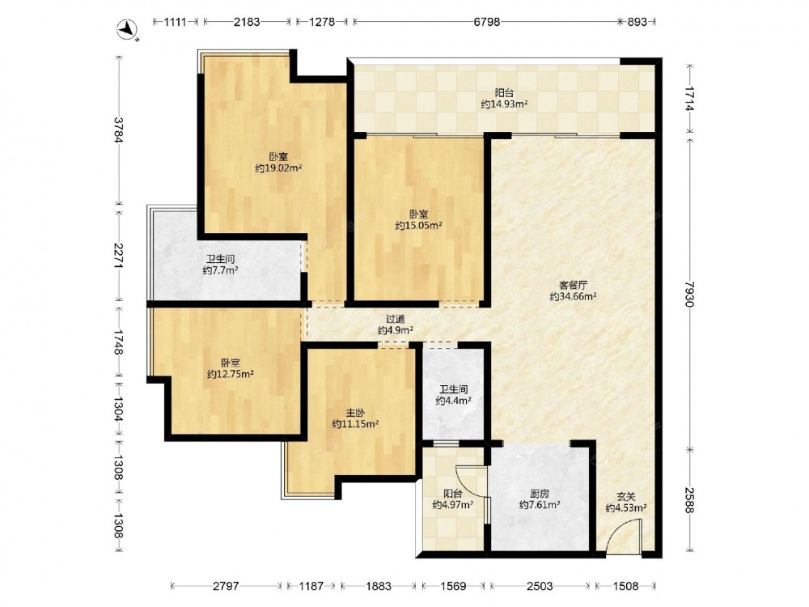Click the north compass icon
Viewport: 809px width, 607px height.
click(127, 29)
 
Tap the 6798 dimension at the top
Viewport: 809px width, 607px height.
click(486, 22)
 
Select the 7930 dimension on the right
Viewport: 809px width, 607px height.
click(690, 294)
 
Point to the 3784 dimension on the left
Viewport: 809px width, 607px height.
click(119, 130)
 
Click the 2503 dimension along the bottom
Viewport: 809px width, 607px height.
click(540, 586)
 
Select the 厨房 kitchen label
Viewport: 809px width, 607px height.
click(539, 493)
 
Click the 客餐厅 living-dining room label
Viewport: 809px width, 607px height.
click(574, 284)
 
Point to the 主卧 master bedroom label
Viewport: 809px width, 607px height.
click(355, 413)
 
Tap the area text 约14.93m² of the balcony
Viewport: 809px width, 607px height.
click(504, 104)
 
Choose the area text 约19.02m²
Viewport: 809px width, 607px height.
click(278, 168)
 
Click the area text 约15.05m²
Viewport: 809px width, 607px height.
click(418, 225)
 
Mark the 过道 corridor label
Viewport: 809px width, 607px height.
click(396, 318)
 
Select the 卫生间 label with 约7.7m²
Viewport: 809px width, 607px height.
click(221, 259)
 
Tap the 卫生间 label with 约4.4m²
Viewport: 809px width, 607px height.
click(454, 388)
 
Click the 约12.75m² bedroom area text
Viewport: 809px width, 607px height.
click(230, 374)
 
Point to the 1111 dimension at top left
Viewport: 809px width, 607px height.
click(176, 22)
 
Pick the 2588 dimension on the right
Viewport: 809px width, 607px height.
click(690, 499)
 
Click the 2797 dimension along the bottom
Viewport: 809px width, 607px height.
click(226, 586)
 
